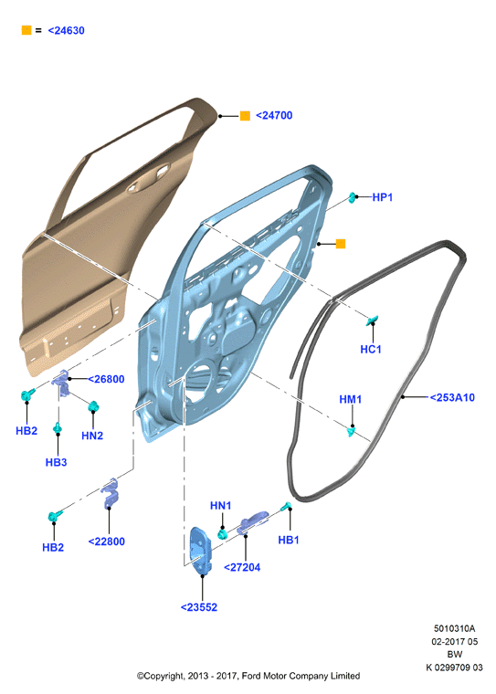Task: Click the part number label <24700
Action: point(274,116)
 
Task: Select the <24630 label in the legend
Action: point(66,30)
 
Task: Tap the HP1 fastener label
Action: point(382,197)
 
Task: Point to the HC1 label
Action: point(371,349)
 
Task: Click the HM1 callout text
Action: point(350,399)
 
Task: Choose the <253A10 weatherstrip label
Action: point(452,397)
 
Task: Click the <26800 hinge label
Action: point(106,379)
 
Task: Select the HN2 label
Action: point(92,436)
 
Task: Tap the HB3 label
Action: point(57,462)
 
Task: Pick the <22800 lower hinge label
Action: point(106,542)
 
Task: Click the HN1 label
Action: point(220,506)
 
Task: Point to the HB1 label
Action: point(289,540)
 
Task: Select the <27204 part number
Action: point(242,567)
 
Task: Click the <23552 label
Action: point(199,607)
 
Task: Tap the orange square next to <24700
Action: point(245,116)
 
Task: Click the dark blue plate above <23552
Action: point(201,551)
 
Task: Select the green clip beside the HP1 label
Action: point(352,197)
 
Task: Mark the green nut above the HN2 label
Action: point(93,405)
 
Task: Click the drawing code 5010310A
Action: point(454,628)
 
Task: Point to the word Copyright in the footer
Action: point(162,676)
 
